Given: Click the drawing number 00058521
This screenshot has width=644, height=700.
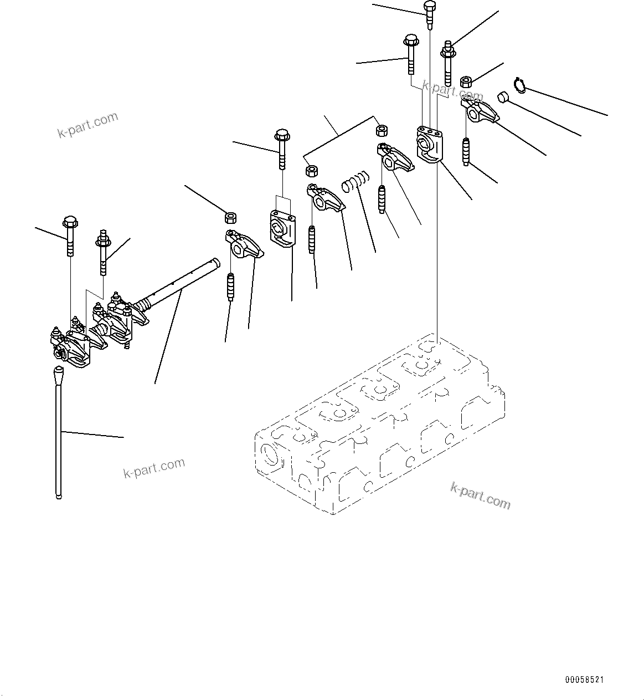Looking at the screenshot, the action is [x=584, y=679].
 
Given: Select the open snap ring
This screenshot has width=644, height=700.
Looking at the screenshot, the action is [x=519, y=85].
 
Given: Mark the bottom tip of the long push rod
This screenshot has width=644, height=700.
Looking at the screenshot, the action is [x=59, y=497].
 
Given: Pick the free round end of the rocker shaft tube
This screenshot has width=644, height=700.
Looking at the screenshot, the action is [x=216, y=262].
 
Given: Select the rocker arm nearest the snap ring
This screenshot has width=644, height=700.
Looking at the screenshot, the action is [x=480, y=110].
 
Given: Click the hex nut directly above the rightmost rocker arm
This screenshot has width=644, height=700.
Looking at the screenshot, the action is [x=466, y=82].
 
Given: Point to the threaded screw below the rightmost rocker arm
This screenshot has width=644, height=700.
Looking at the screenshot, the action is [x=466, y=151].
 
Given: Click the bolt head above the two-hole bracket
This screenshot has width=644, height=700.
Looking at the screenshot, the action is [x=282, y=135].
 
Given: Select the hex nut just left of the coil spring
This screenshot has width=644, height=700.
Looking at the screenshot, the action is [x=311, y=171].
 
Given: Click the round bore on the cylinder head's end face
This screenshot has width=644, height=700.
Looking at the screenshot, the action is [x=271, y=456].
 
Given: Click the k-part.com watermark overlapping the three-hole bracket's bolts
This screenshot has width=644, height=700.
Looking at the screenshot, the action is [x=452, y=90].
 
